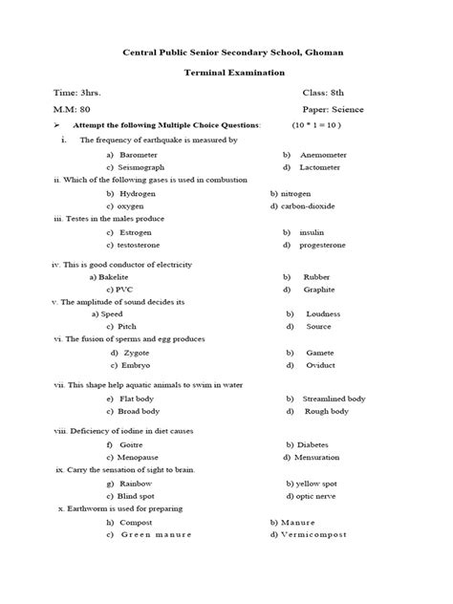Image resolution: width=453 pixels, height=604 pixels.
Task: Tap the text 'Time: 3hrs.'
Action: pos(76,94)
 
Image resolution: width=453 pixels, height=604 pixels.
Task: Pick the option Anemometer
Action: pos(329,154)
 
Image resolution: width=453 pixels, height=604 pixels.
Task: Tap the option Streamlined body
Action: pos(334,399)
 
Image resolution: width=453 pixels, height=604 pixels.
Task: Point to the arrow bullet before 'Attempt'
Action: pos(58,126)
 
